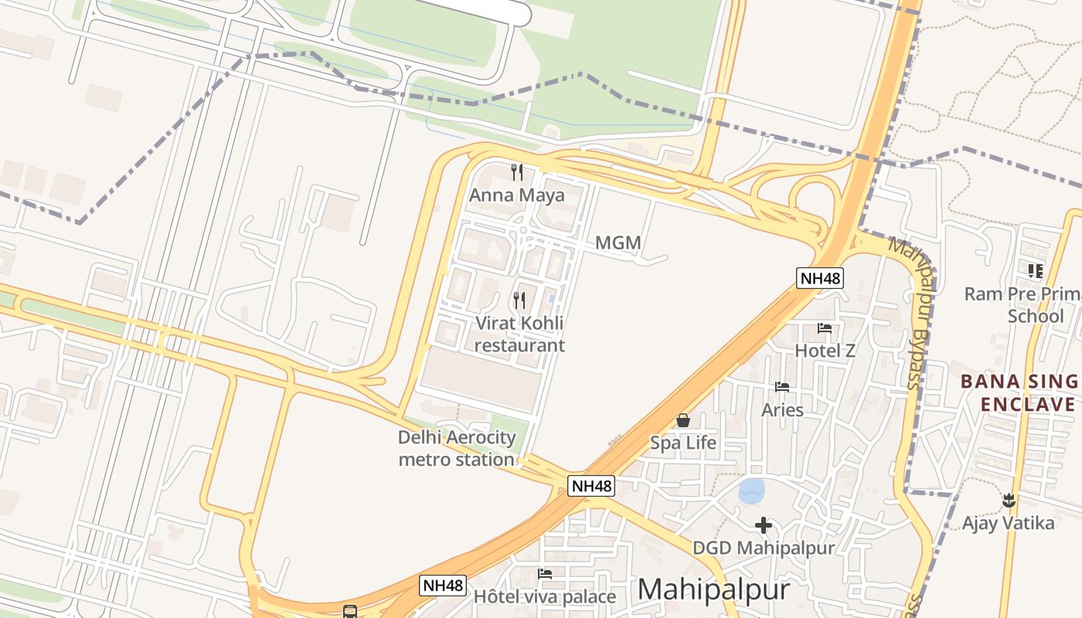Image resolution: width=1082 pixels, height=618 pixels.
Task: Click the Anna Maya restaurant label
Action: pyautogui.click(x=516, y=195)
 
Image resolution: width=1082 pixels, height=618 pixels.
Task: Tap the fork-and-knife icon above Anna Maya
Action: pyautogui.click(x=517, y=171)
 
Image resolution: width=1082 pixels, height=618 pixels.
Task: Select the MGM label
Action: pyautogui.click(x=618, y=243)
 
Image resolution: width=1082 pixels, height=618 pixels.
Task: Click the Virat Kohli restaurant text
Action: pyautogui.click(x=519, y=334)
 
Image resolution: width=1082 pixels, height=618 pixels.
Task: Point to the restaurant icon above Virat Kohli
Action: pyautogui.click(x=519, y=300)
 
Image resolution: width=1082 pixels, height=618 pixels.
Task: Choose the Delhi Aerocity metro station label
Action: pyautogui.click(x=456, y=448)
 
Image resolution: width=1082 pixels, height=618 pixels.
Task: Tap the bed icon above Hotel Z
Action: pyautogui.click(x=825, y=328)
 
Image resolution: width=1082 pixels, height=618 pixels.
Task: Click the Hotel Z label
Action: pyautogui.click(x=825, y=351)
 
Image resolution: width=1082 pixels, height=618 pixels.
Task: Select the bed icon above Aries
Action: pyautogui.click(x=782, y=386)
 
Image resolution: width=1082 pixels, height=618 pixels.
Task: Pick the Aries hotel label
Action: pyautogui.click(x=782, y=409)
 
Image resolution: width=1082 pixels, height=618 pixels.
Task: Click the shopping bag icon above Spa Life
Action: pyautogui.click(x=683, y=420)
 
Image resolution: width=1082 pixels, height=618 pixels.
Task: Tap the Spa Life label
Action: pyautogui.click(x=683, y=443)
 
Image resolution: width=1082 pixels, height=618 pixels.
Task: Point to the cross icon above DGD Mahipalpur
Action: pyautogui.click(x=764, y=525)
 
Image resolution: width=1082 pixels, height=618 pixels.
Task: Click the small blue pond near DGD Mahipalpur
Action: pyautogui.click(x=751, y=491)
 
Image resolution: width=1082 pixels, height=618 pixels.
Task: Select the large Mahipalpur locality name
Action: pyautogui.click(x=713, y=590)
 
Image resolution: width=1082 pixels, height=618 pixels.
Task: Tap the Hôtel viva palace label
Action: pyautogui.click(x=544, y=597)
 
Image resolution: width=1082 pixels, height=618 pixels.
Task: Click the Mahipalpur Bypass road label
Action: pyautogui.click(x=914, y=313)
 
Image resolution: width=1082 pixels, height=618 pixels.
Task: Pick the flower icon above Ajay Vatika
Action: pyautogui.click(x=1008, y=501)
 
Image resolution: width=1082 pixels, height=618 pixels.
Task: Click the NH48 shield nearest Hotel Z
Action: pyautogui.click(x=820, y=278)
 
